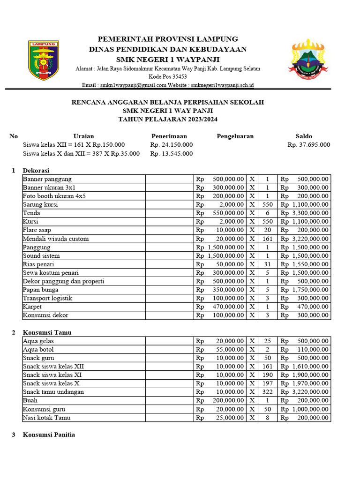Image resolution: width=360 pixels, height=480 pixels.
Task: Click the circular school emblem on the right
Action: (x=307, y=60)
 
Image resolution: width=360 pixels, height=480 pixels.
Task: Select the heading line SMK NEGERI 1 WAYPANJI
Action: (x=168, y=59)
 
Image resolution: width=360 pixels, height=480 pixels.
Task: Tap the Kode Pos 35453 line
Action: (x=168, y=77)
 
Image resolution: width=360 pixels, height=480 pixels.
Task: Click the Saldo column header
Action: (x=304, y=136)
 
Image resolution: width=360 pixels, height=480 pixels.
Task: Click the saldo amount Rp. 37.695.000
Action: (x=308, y=145)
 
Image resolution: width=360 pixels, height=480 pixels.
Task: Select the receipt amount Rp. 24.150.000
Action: (x=172, y=145)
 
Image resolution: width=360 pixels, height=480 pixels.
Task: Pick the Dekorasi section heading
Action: (x=36, y=171)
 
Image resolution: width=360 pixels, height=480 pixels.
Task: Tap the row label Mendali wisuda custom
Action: (x=56, y=239)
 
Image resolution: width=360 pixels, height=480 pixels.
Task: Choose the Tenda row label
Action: (x=32, y=213)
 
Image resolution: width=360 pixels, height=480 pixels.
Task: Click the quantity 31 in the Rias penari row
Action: (x=267, y=264)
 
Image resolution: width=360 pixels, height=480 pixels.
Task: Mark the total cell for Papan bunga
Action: (x=304, y=290)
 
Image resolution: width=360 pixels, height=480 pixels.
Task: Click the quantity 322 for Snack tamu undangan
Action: (x=267, y=392)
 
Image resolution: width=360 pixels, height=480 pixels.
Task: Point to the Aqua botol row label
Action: (x=38, y=350)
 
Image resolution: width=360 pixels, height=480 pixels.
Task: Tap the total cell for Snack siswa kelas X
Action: (x=304, y=383)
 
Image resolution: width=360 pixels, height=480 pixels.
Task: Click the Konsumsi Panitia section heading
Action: (x=49, y=435)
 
